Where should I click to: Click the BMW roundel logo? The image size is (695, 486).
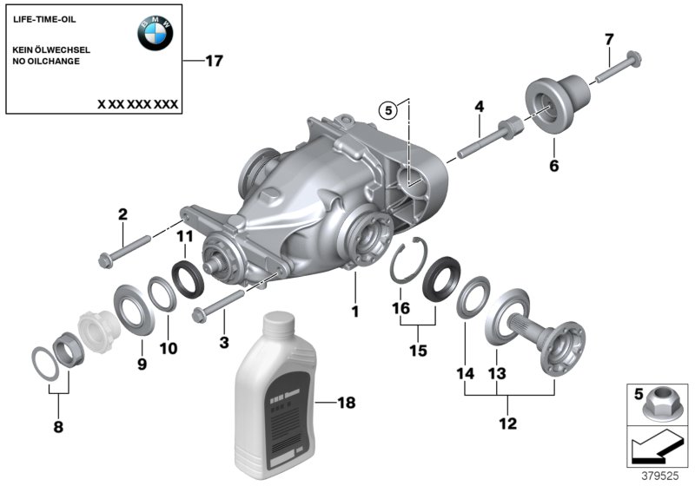[x=155, y=34]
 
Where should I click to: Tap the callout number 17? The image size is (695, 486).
[x=213, y=61]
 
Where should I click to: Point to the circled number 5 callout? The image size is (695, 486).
[x=387, y=109]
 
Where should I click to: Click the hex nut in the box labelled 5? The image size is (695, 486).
[x=659, y=405]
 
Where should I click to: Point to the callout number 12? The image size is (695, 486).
[x=508, y=424]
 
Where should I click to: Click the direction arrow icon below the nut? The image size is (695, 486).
[x=658, y=450]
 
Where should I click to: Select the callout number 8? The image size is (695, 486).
[x=58, y=426]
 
